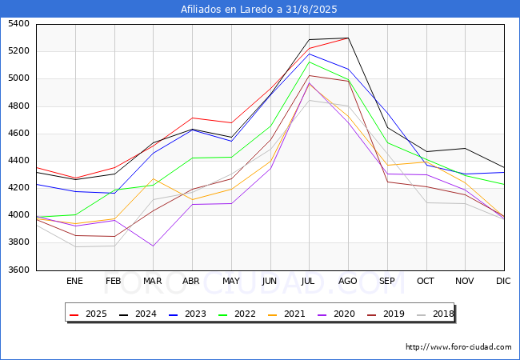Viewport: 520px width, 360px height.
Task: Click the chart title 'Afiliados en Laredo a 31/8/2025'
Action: click(260, 9)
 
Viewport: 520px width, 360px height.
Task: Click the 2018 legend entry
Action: click(436, 314)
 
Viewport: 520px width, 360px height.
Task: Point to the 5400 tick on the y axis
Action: click(19, 24)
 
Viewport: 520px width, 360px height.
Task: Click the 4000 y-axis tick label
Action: click(19, 215)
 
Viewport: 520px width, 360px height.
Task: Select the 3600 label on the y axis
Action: click(19, 270)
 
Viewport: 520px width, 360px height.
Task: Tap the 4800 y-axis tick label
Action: click(19, 106)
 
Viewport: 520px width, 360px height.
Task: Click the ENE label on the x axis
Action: click(74, 281)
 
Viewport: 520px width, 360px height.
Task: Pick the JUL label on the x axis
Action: click(309, 281)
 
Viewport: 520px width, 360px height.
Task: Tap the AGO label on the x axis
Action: click(348, 281)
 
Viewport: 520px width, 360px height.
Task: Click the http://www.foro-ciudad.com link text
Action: click(458, 347)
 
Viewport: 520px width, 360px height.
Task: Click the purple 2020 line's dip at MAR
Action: click(153, 246)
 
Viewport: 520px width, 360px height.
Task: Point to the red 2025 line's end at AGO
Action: click(348, 38)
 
